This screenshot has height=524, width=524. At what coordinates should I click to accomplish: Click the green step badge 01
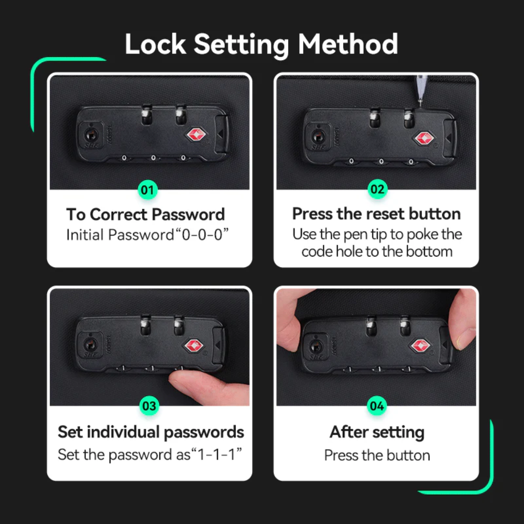click(147, 190)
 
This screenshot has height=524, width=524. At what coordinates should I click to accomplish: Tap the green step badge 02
click(377, 189)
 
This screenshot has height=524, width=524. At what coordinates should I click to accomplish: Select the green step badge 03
click(149, 406)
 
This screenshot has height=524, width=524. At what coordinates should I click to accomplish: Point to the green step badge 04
click(377, 406)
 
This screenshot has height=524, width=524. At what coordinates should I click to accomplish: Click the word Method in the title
click(348, 44)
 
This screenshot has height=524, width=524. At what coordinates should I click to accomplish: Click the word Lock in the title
click(156, 44)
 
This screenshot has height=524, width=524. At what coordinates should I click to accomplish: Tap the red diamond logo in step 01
click(195, 134)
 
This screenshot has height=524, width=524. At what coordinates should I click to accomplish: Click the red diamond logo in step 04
click(420, 345)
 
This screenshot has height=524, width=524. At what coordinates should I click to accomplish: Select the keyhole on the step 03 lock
click(90, 344)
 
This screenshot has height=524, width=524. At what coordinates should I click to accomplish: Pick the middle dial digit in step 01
click(154, 158)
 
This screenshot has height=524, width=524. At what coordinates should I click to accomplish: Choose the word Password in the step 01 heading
click(189, 214)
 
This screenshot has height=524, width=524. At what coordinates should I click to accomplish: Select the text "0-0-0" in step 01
click(202, 235)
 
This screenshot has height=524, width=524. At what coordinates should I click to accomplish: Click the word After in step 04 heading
click(349, 432)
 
